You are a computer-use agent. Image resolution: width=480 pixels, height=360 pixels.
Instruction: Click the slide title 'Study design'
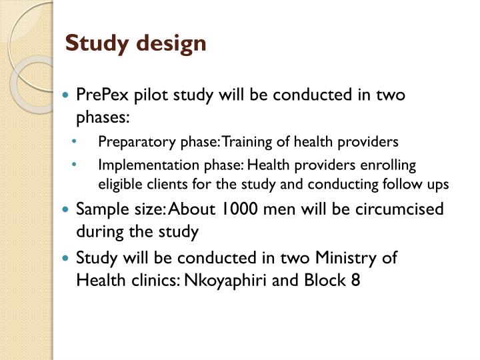(136, 44)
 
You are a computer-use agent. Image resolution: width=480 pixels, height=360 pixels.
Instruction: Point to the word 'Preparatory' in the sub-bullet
(127, 141)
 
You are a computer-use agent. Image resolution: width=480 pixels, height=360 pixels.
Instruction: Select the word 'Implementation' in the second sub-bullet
(135, 165)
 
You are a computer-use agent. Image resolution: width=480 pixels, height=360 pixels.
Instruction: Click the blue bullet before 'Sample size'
(65, 209)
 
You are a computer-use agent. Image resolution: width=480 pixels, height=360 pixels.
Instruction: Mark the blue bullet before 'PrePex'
(65, 95)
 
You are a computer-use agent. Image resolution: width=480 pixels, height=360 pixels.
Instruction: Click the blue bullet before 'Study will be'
(65, 257)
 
